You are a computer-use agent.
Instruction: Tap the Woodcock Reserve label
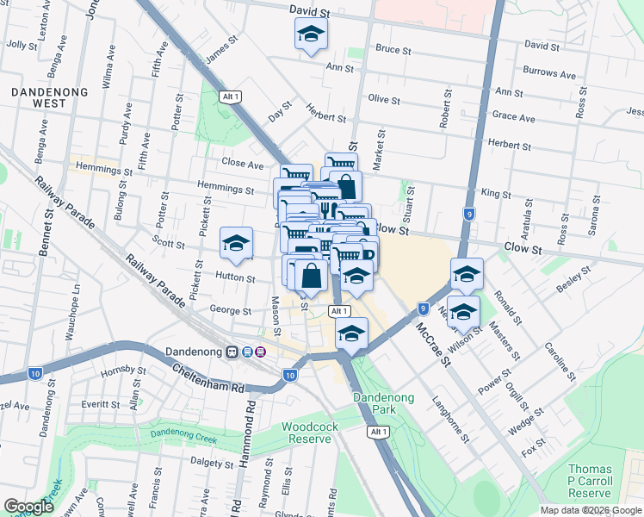tap(307, 433)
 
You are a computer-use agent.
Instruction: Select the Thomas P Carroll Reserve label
tap(590, 481)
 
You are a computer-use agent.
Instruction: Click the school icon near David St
tap(310, 35)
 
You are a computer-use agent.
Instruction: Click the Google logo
tap(28, 507)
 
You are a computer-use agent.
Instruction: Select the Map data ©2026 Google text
tap(591, 509)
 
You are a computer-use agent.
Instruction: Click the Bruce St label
tap(393, 50)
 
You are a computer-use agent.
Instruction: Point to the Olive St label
tap(384, 101)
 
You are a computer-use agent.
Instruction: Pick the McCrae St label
tap(434, 344)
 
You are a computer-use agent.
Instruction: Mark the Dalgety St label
tap(207, 463)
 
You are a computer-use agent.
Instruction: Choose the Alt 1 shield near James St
tap(229, 96)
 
